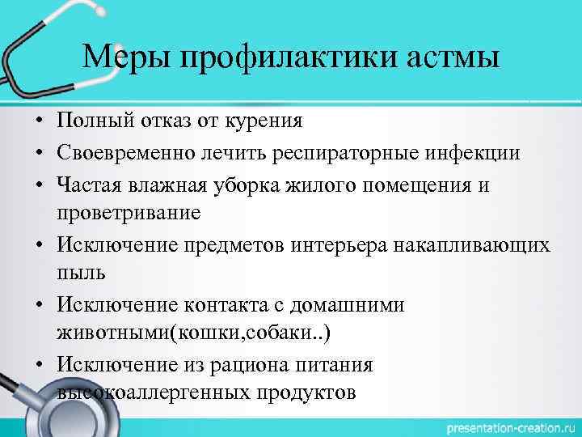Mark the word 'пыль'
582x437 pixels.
coord(81,274)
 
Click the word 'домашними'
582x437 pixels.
coord(358,305)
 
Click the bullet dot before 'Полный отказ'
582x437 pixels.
coord(38,122)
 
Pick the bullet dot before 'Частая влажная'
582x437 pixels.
coord(38,185)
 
